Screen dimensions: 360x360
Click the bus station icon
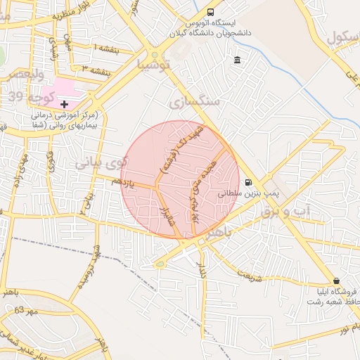coord(211,12)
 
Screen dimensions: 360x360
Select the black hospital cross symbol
coord(64,103)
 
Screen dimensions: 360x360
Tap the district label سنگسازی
coord(194,101)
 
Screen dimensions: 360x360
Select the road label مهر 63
coord(25,309)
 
